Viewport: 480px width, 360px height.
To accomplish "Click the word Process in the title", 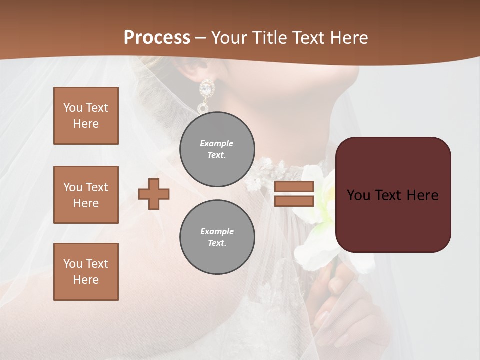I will click(157, 37).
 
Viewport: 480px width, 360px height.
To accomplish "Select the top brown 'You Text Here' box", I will click(86, 116).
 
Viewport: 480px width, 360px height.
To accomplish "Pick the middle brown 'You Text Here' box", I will click(86, 195).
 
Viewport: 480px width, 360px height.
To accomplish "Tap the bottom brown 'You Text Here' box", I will click(86, 272).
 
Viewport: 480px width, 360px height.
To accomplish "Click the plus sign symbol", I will click(154, 194).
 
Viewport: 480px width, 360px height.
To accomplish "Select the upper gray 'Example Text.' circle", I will click(217, 149).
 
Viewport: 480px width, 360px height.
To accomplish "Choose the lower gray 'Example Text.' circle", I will click(217, 237).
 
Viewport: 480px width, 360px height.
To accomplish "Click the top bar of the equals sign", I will click(294, 187).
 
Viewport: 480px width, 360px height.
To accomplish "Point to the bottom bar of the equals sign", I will click(294, 201).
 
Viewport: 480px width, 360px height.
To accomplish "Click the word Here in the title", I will click(348, 37).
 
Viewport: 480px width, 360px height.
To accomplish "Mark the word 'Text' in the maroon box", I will click(393, 195).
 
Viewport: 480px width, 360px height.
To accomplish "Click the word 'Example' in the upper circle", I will click(217, 143).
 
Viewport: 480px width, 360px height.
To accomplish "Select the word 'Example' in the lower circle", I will click(217, 231).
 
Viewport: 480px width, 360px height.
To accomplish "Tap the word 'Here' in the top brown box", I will click(86, 124).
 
